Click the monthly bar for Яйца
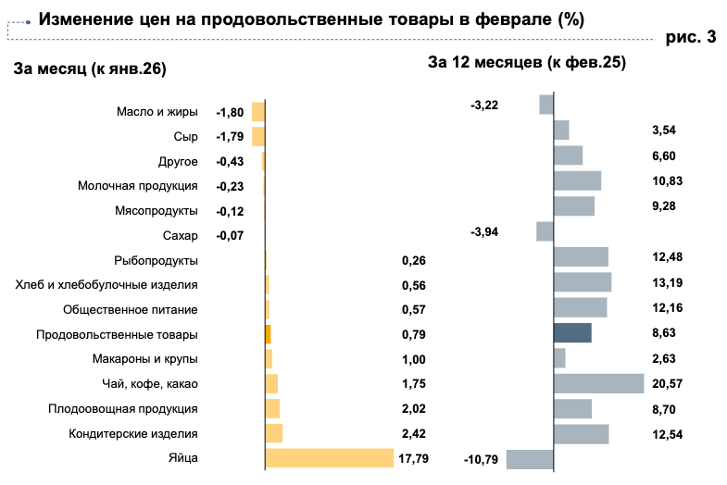click(330, 458)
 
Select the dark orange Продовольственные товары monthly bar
click(268, 334)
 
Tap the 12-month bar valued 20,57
click(598, 383)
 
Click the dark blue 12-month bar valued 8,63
click(572, 333)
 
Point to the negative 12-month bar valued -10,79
click(530, 459)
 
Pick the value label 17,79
click(414, 458)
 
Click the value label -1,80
click(230, 113)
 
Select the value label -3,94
click(484, 231)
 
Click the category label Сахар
click(180, 236)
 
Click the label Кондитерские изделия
click(133, 433)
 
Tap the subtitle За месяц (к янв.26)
click(82, 68)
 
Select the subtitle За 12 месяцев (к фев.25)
click(527, 63)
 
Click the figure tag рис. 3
click(691, 38)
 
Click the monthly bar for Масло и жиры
click(258, 112)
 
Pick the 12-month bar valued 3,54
click(561, 131)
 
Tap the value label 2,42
click(414, 433)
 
